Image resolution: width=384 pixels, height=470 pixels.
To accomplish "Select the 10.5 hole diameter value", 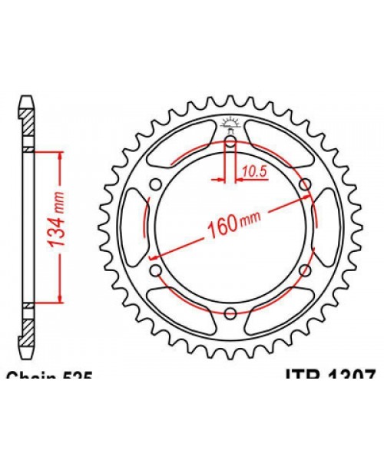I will tap(251, 173).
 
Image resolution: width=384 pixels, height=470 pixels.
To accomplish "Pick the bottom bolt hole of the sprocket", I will tap(230, 312).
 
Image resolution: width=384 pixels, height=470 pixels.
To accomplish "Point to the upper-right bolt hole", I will tap(305, 184).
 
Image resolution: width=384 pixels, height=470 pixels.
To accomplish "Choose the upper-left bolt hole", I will tap(156, 184).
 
